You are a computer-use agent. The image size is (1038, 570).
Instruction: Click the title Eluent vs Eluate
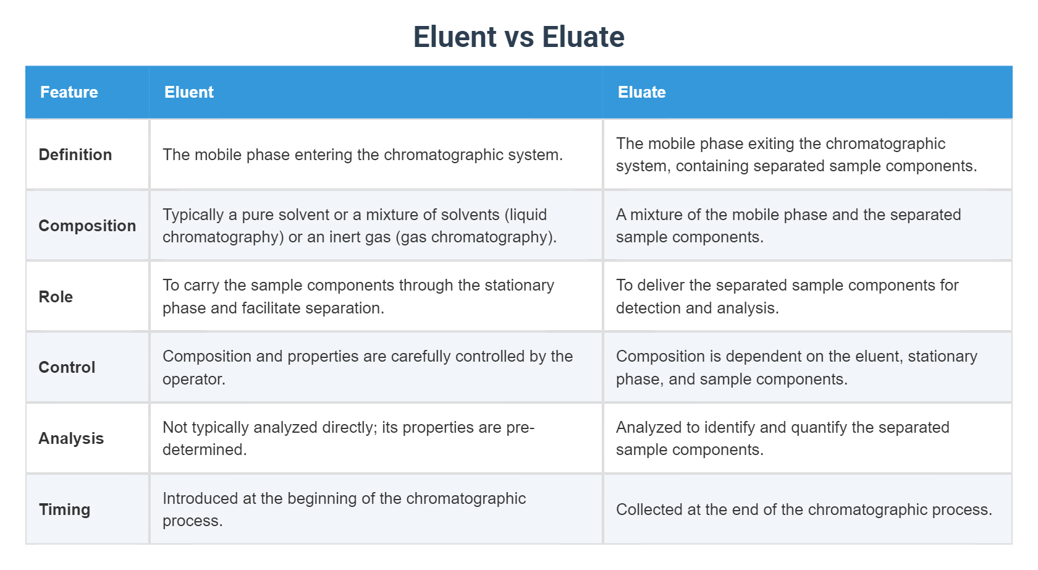[x=518, y=37]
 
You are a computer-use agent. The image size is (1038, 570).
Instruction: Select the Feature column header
[x=69, y=92]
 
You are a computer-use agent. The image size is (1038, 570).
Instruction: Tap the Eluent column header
[x=189, y=92]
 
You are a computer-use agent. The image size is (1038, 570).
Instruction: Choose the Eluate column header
[x=641, y=92]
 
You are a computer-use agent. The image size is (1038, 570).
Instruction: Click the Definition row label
[x=75, y=155]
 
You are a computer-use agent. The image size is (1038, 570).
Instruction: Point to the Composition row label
[x=87, y=226]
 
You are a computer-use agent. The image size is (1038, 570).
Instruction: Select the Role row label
[x=56, y=297]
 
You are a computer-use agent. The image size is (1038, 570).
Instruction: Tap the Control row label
[x=67, y=367]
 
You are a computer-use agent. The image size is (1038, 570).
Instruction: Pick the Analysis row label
[x=71, y=438]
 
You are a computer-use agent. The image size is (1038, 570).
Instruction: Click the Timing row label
[x=64, y=509]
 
